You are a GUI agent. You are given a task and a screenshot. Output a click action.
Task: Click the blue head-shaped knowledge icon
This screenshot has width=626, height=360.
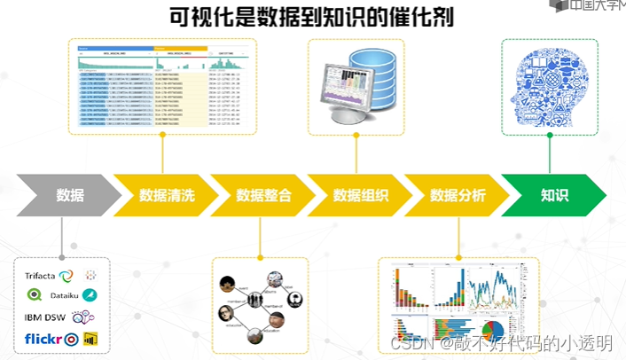551,85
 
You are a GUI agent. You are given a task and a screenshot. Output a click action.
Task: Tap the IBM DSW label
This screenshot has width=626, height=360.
46,317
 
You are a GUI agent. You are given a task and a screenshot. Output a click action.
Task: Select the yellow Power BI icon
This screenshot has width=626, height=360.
90,339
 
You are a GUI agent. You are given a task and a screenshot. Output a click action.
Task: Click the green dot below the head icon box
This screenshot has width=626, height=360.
550,136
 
